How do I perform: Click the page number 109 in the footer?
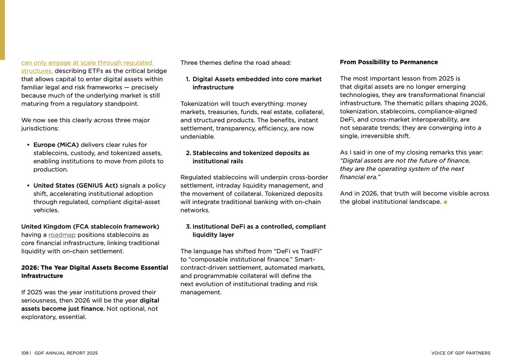(25, 353)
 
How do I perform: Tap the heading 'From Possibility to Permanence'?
(389, 62)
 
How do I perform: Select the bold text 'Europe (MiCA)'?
(56, 145)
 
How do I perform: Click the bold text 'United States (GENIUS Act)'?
(76, 186)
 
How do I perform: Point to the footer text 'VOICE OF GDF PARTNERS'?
(461, 353)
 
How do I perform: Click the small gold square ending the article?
(445, 202)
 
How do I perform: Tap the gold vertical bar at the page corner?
(2, 30)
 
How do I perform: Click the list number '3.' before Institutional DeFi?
(189, 226)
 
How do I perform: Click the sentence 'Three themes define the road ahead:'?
(236, 63)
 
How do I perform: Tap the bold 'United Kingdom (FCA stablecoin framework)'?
(90, 226)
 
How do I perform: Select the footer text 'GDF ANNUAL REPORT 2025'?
(66, 353)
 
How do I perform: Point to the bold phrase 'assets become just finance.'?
(63, 309)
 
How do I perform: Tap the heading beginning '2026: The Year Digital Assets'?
(95, 268)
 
